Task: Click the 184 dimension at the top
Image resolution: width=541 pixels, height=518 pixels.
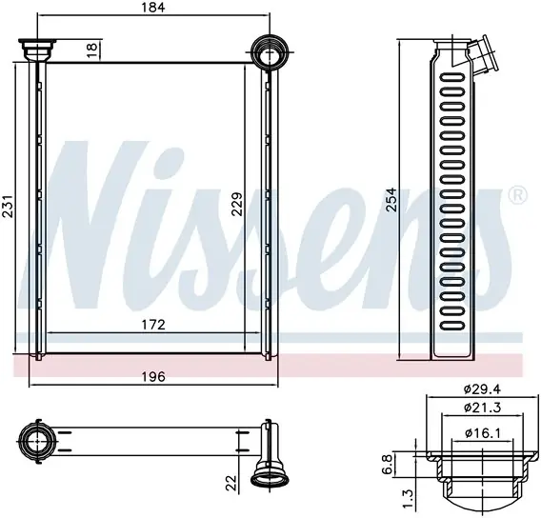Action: click(153, 8)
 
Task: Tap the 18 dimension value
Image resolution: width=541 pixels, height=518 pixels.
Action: click(92, 50)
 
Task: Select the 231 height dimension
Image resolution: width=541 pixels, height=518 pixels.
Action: click(9, 207)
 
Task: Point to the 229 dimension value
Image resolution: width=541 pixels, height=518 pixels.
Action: click(237, 204)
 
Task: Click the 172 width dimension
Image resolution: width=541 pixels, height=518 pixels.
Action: click(153, 325)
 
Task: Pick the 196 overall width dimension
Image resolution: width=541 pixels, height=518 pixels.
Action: click(153, 377)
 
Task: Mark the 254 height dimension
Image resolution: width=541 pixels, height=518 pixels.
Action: click(391, 200)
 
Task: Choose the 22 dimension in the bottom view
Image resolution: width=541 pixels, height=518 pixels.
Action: click(231, 483)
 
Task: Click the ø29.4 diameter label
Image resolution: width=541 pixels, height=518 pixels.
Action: click(482, 389)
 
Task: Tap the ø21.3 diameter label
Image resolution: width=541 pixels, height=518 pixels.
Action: click(482, 408)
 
